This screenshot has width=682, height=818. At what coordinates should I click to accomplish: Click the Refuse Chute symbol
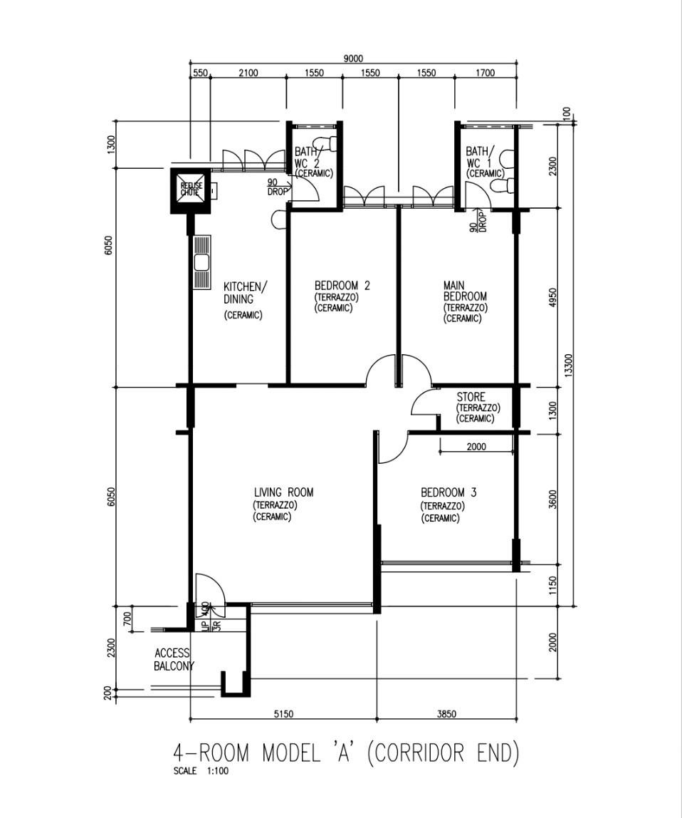point(191,190)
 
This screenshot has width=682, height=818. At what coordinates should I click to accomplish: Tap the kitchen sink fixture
point(201,262)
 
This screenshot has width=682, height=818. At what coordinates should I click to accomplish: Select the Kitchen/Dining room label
point(245,293)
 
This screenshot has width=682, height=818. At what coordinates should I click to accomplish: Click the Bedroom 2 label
point(342,286)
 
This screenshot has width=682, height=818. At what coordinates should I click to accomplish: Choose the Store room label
point(471,397)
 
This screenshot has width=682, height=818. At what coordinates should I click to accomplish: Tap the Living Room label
point(283,492)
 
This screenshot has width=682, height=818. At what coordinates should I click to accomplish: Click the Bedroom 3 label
point(448,492)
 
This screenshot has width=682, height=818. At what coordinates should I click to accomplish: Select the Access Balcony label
point(173,660)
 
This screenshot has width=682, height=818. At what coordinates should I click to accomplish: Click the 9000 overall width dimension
point(353,59)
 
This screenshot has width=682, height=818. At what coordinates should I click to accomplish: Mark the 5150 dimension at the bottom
point(283,713)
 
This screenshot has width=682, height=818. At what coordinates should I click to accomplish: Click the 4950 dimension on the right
point(553,298)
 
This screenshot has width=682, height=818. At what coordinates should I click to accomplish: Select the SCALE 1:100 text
point(201,770)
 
